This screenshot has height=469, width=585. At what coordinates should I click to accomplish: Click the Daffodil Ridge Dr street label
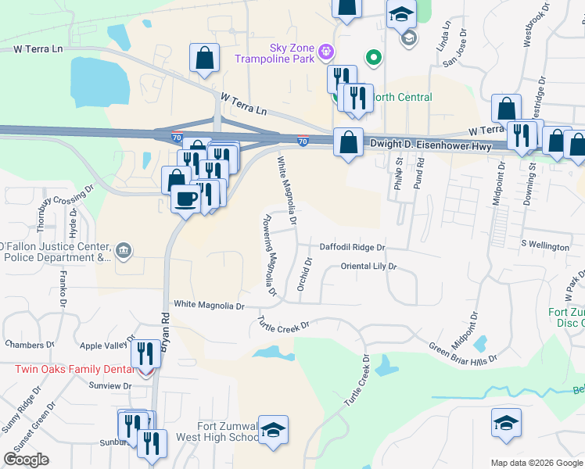click(353, 247)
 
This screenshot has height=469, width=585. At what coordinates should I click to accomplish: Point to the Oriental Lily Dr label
click(368, 267)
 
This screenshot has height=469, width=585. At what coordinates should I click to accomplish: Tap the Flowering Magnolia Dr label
click(270, 255)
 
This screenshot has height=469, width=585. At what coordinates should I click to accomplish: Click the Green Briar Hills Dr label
click(463, 354)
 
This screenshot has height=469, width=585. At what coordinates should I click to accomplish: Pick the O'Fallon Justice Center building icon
click(124, 251)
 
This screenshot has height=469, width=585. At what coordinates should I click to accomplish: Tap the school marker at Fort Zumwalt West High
click(273, 431)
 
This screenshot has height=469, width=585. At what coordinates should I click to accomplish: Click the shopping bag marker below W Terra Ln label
click(204, 58)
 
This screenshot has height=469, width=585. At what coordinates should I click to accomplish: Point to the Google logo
click(27, 460)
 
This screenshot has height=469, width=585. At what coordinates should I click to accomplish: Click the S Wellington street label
click(545, 247)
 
